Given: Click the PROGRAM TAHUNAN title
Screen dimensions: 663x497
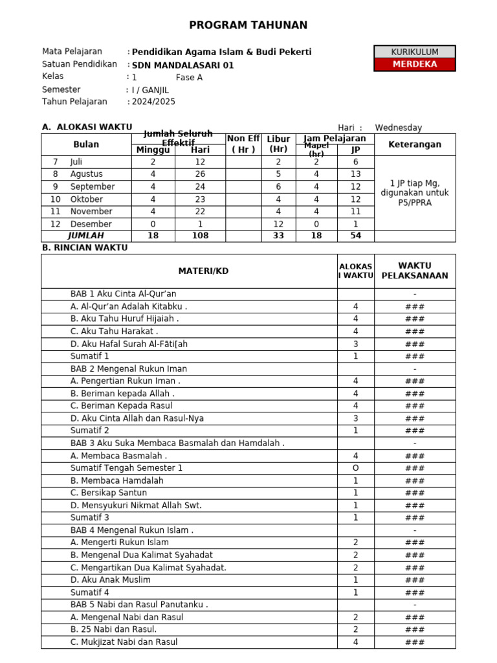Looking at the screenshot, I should coord(248,25).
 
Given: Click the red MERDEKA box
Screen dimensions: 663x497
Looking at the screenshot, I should coord(415,64).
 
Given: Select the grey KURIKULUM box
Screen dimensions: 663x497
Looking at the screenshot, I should coord(415,52).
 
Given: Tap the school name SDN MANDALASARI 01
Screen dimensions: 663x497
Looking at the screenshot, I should coord(182,65).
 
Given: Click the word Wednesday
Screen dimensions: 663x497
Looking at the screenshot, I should coord(398,128).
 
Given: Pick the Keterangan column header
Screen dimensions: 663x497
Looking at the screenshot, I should coord(415,144).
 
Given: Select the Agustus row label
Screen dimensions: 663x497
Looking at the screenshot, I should coord(86,174).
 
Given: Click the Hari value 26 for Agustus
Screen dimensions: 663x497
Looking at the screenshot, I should coord(200,174).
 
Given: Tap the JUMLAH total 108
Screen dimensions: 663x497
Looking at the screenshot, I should coord(200,236).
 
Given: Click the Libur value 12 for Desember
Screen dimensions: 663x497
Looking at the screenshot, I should coord(278,224).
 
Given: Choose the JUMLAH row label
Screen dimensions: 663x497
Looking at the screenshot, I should coord(86,236).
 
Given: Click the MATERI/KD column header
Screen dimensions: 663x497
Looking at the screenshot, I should coord(203,271).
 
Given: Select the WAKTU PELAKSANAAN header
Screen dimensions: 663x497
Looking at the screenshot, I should coord(415,271).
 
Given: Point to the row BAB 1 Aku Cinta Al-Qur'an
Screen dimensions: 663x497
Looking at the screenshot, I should coord(123,294).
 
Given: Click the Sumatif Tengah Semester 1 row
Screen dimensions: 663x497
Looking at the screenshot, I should coord(126,468).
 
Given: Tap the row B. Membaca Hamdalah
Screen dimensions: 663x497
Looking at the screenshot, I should coord(116,480).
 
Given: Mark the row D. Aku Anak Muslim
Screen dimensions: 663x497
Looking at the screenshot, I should coord(110,580).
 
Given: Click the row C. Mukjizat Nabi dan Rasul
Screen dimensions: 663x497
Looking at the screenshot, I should coord(124,642).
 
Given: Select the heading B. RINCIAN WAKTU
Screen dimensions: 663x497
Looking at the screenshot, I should coord(85,247).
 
